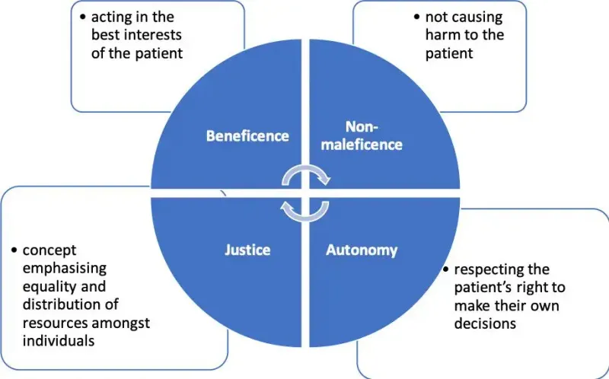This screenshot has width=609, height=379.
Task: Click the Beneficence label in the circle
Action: pyautogui.click(x=248, y=136)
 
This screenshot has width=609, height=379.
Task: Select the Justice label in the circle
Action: pyautogui.click(x=247, y=249)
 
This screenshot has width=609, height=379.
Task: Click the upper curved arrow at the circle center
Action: pyautogui.click(x=305, y=176)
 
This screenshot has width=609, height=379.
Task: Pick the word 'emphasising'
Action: pyautogui.click(x=61, y=269)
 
